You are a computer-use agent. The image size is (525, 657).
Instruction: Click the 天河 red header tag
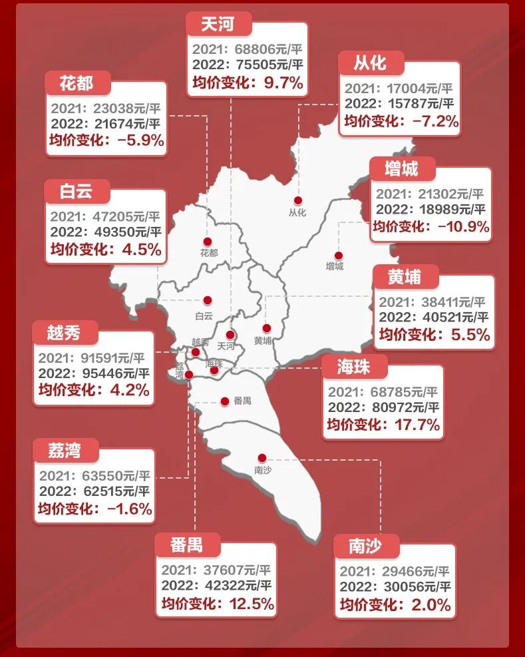click(218, 24)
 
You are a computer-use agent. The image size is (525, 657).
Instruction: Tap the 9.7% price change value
click(284, 83)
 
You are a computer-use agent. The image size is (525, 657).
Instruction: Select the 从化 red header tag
click(371, 63)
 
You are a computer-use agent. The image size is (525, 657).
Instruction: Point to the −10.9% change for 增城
click(463, 227)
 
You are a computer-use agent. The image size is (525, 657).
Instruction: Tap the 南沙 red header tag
click(365, 546)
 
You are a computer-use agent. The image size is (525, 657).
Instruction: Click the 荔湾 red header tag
click(65, 450)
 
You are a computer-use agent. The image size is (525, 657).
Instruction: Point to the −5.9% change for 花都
click(140, 140)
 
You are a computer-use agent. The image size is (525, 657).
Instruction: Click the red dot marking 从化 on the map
click(298, 200)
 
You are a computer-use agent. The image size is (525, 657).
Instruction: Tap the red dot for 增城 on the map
click(338, 256)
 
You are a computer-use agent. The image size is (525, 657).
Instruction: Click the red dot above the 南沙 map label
click(262, 458)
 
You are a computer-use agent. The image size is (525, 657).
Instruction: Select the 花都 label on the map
click(208, 253)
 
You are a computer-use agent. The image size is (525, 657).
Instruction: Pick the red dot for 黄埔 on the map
click(267, 328)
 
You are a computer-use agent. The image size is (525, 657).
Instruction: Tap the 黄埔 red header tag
click(405, 276)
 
